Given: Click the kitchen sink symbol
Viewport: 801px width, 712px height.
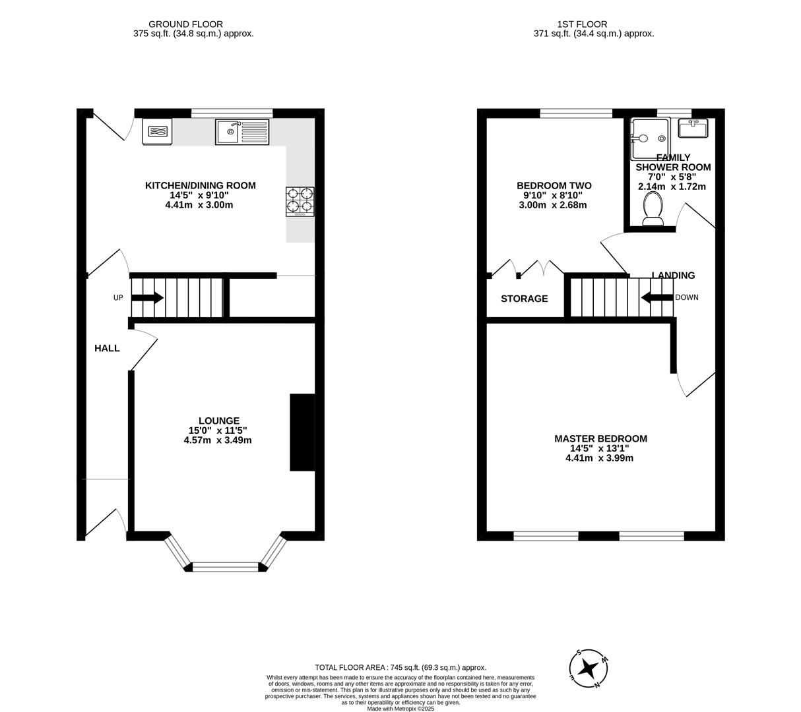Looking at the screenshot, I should pos(242,132).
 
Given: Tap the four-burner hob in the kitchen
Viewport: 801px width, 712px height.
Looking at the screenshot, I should pos(300,202).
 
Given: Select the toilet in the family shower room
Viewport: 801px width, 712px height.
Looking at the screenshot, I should pos(653,210).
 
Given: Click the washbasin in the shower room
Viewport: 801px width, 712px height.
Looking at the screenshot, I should pos(693,128).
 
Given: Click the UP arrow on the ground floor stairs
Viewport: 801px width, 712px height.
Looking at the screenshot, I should pos(147,298).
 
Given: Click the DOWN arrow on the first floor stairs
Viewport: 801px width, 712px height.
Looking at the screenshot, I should pos(657,298).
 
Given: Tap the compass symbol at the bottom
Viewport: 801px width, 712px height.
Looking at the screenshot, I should pos(588,669).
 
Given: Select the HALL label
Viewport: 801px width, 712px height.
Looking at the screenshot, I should pos(107,348).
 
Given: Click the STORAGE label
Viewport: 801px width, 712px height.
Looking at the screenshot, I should pos(524,299).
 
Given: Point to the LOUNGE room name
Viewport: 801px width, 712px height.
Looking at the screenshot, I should pos(219,421).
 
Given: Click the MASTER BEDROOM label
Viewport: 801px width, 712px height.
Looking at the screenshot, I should pos(600,438).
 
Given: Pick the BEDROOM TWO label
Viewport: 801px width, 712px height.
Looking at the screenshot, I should pos(554,186).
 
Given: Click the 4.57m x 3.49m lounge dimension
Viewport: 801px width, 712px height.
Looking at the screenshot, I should pos(218,440).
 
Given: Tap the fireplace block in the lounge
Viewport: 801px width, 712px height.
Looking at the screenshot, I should pos(302,432).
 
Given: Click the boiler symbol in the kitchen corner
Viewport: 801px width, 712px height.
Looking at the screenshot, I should pos(157,131).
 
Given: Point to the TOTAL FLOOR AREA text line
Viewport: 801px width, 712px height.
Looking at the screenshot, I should pos(400,668).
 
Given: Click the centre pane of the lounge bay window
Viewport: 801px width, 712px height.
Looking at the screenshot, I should pos(226,566).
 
